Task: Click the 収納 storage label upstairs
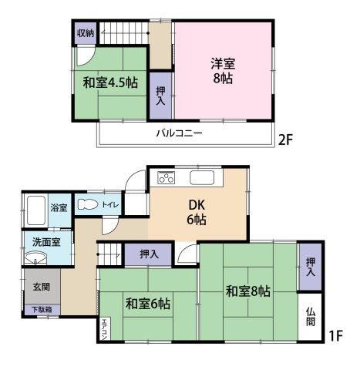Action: (x=86, y=33)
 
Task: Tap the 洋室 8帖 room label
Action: (x=223, y=71)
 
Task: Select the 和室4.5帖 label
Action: (x=110, y=82)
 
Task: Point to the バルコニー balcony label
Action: (x=180, y=133)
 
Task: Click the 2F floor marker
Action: (x=286, y=140)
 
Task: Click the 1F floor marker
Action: (x=336, y=336)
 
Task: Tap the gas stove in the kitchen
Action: (x=167, y=177)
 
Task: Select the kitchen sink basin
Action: (x=202, y=178)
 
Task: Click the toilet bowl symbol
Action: (x=88, y=204)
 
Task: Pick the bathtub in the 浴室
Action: (x=36, y=210)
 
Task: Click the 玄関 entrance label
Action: (x=42, y=287)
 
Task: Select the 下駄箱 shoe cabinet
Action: (x=42, y=310)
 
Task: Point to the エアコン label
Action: (x=105, y=329)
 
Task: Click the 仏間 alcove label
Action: (x=311, y=317)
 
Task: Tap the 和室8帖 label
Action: (x=248, y=291)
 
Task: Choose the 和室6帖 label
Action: (x=148, y=304)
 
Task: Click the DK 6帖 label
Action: (x=197, y=212)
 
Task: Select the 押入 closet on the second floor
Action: (x=161, y=96)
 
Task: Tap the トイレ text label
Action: (x=110, y=204)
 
